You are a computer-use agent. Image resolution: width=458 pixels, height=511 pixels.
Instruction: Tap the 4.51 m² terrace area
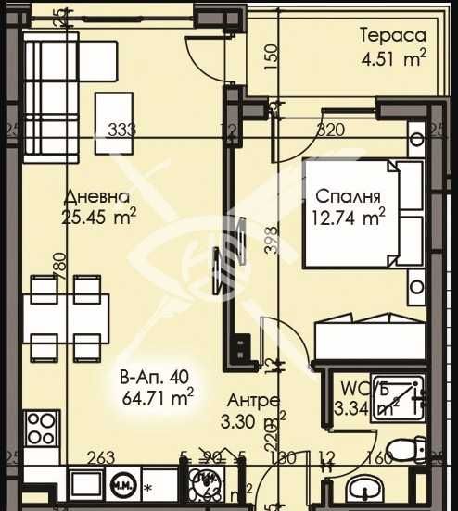point(393,60)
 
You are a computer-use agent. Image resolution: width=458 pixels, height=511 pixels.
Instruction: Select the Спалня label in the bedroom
point(346,196)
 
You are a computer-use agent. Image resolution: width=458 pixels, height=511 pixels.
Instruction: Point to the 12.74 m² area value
point(346,218)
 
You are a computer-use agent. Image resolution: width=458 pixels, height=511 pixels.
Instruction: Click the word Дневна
point(95,196)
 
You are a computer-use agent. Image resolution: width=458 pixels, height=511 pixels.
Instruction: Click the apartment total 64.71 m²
point(157,400)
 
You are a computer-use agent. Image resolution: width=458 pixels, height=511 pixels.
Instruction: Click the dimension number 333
point(121,130)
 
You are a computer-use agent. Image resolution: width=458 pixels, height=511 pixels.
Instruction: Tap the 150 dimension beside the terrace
point(270,56)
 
